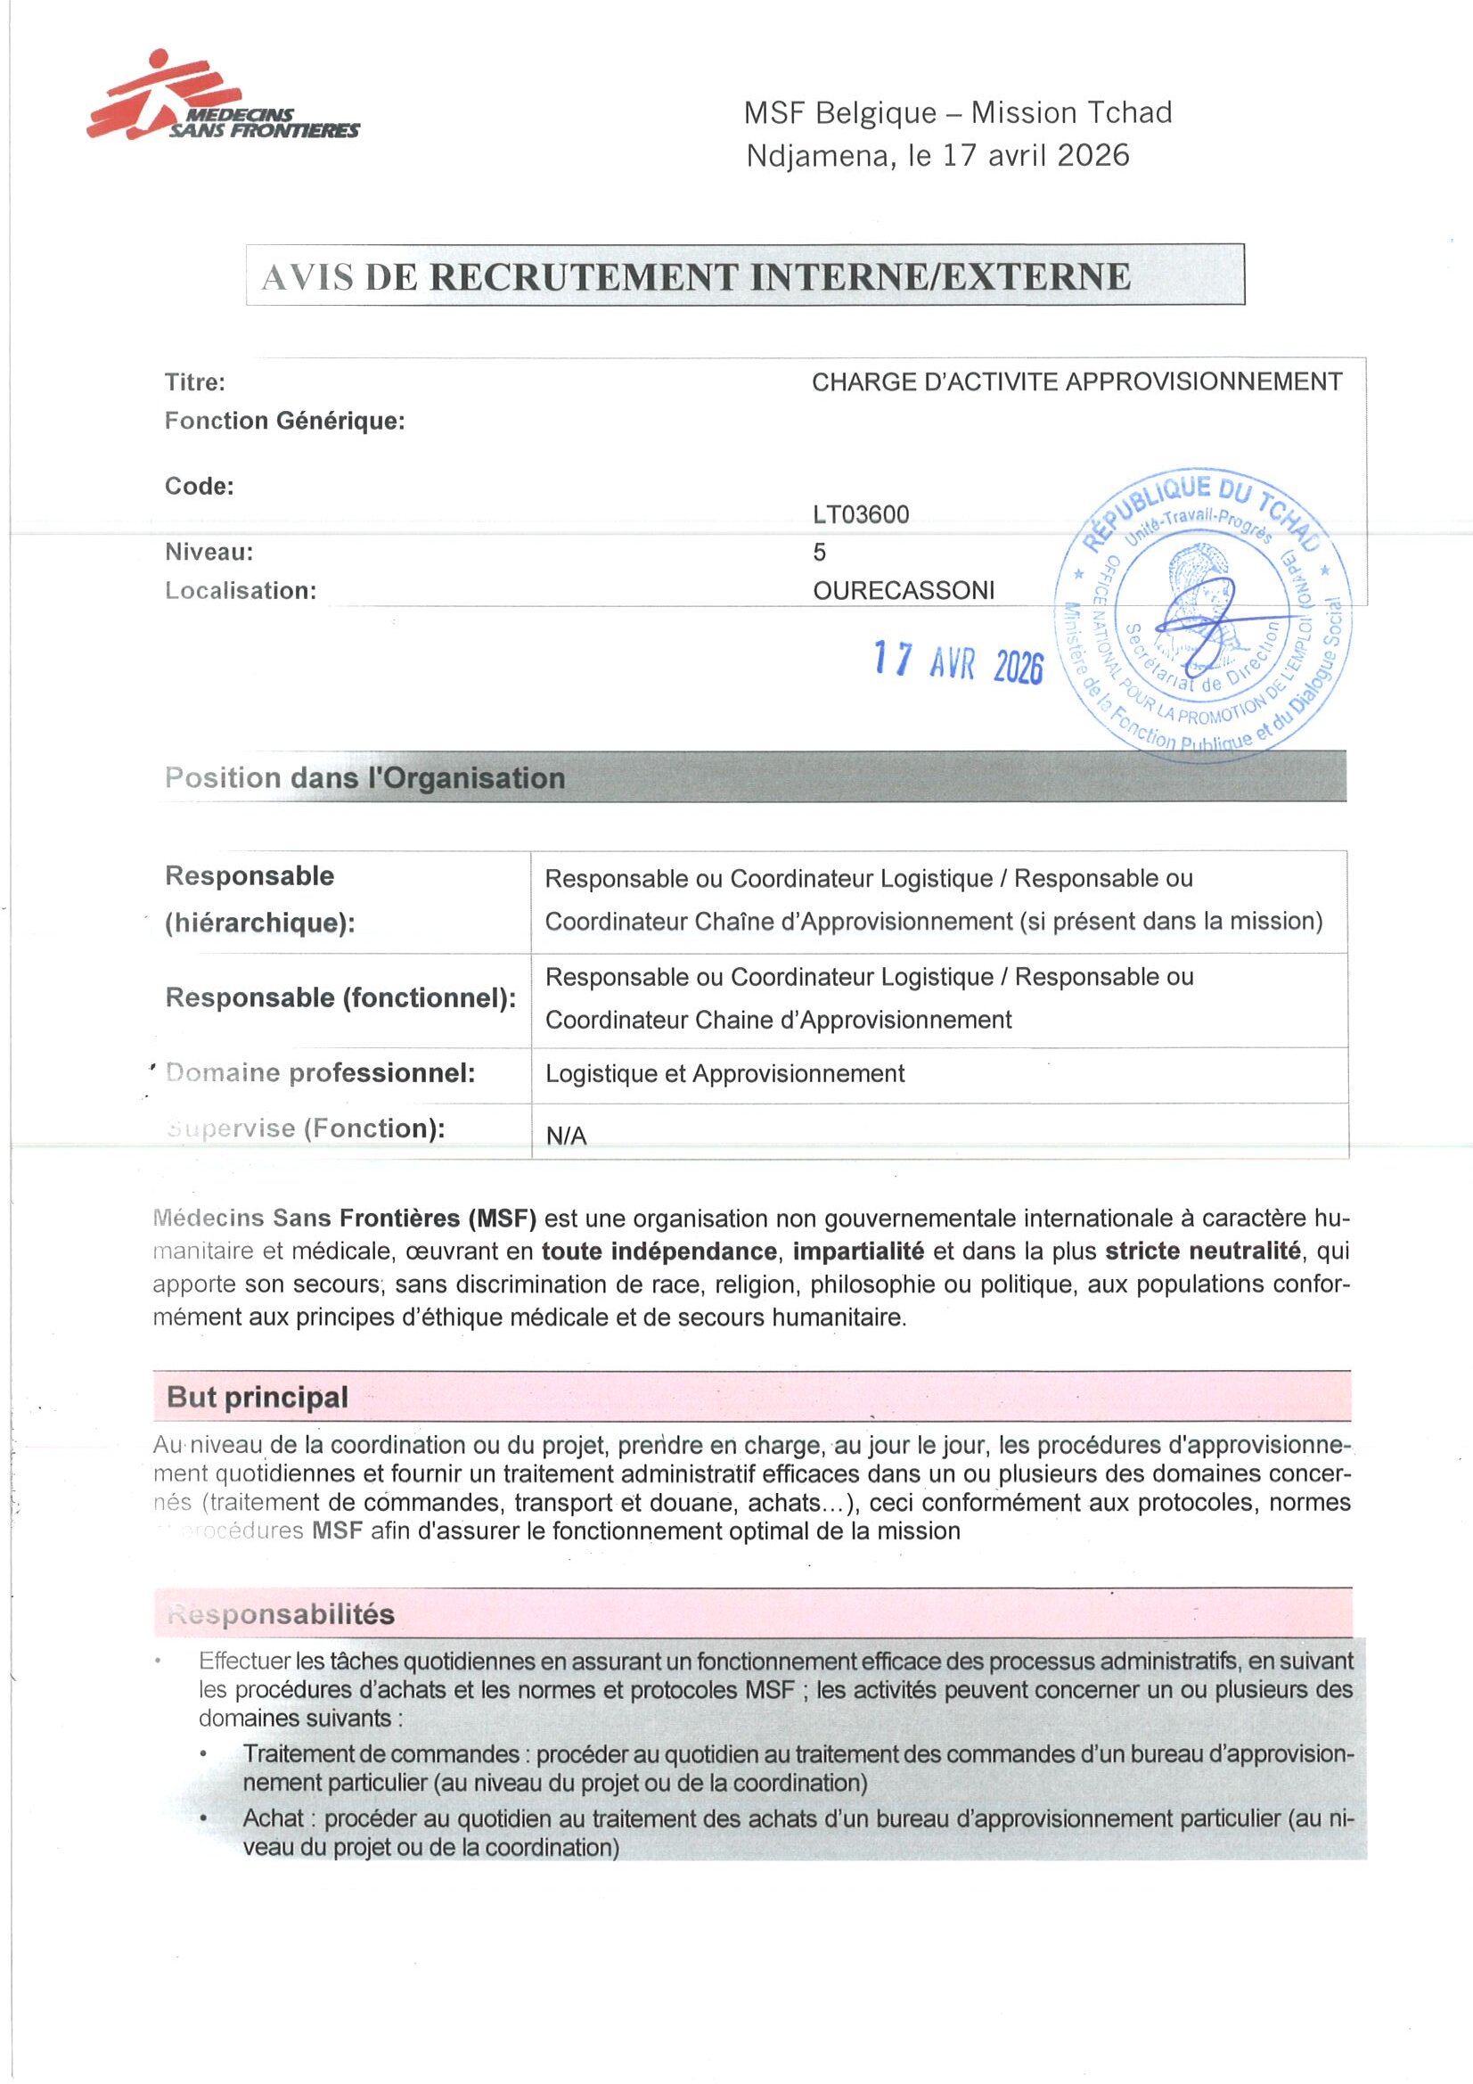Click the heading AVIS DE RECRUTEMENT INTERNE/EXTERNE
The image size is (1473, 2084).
point(696,277)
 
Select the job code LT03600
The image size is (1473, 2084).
point(861,514)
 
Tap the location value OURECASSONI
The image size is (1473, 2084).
point(903,591)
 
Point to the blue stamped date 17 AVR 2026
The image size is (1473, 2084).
point(959,662)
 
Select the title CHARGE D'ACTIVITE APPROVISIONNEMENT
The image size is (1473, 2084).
point(1076,382)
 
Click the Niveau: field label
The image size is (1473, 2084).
point(209,552)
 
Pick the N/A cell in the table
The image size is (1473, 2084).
point(567,1136)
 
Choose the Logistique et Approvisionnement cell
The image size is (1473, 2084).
point(724,1074)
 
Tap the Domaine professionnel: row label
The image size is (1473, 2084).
point(321,1073)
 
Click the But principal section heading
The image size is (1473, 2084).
point(257,1397)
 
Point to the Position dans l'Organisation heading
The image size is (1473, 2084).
point(364,778)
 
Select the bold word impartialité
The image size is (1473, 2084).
point(857,1251)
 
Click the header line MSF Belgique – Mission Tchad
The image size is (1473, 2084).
point(958,112)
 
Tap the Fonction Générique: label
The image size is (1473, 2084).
point(284,421)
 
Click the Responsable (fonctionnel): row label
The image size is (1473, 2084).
point(340,997)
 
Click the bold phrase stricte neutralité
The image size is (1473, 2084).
point(1201,1251)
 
